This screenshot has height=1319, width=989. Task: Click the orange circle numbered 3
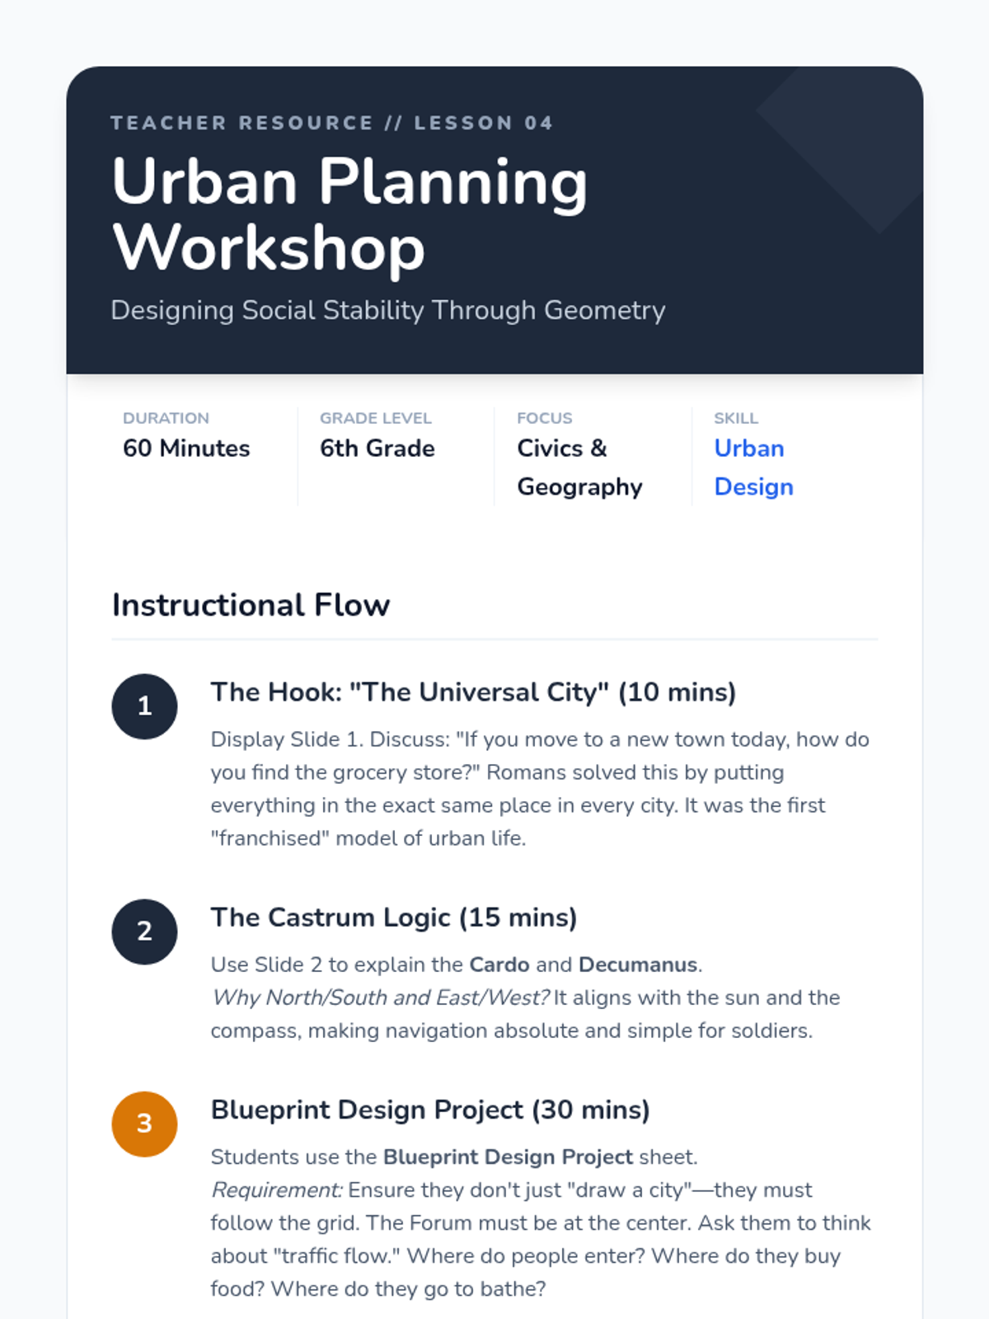(x=144, y=1124)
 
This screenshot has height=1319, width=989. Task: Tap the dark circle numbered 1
(x=144, y=706)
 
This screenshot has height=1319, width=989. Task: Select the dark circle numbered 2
(x=144, y=932)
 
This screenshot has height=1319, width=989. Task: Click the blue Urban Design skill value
(x=753, y=467)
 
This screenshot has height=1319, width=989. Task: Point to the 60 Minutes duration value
(x=186, y=448)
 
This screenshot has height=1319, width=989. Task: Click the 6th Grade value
(x=377, y=448)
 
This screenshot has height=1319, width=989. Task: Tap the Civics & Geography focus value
(x=579, y=467)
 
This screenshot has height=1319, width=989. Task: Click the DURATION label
(x=166, y=418)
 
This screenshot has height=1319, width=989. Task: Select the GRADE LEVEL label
(x=375, y=418)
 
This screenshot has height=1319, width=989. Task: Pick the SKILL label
(x=736, y=418)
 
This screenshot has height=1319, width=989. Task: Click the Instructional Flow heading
(x=251, y=604)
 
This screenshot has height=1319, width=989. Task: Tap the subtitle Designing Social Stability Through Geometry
(x=388, y=311)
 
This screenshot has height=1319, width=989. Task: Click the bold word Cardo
(x=499, y=965)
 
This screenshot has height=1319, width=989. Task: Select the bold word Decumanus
(x=638, y=965)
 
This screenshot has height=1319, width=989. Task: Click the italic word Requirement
(x=277, y=1190)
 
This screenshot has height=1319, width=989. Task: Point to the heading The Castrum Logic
(x=330, y=918)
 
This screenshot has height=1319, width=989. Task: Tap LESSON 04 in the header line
(x=484, y=123)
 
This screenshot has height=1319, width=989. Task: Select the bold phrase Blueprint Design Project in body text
(x=508, y=1157)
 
